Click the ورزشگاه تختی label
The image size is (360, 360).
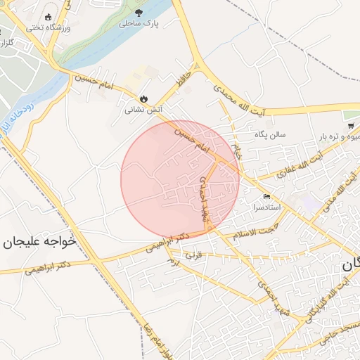point(46,27)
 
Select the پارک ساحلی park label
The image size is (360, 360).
point(139,23)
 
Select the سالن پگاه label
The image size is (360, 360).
point(266,135)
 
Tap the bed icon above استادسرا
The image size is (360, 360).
point(266,198)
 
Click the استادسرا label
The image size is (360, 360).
point(266,208)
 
